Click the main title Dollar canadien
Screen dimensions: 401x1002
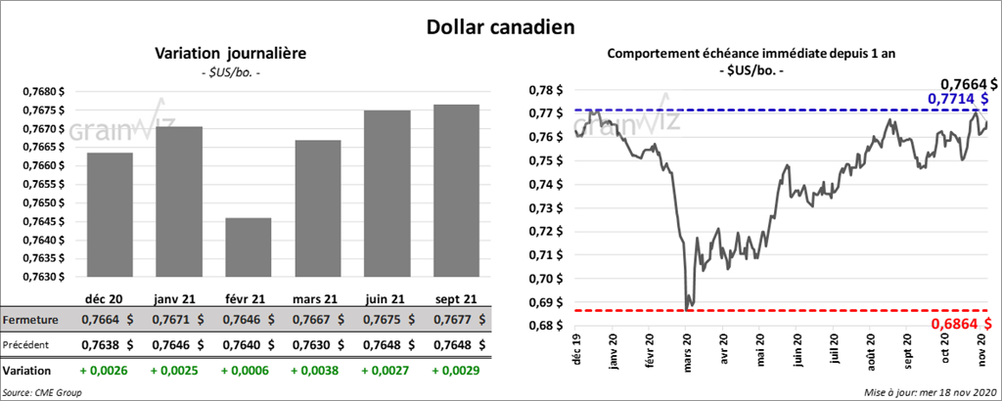point(500,26)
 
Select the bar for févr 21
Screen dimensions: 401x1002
point(248,247)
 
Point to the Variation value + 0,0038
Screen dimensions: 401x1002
point(318,372)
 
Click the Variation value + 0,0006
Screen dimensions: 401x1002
point(248,372)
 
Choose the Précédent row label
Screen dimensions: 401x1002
point(28,344)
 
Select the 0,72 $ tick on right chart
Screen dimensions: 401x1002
point(543,232)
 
